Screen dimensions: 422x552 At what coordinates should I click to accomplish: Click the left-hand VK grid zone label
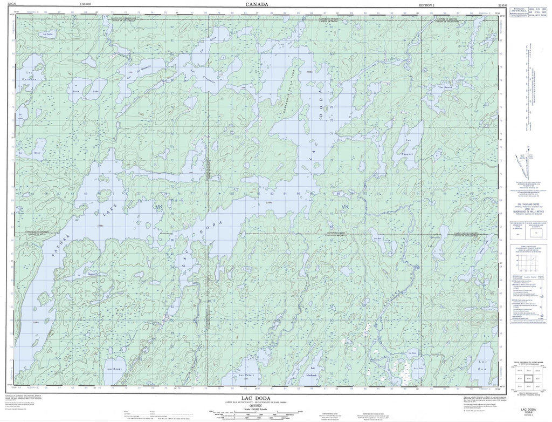(157, 207)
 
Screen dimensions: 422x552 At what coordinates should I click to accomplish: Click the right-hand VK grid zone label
(345, 207)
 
